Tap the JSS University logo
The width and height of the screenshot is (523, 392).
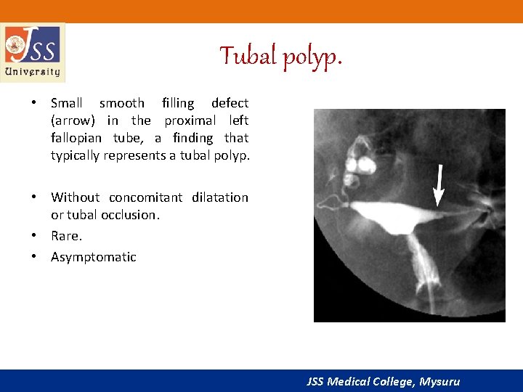tap(33, 52)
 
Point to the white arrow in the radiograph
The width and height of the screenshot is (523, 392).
tap(438, 185)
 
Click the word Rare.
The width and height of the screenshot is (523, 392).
tap(67, 236)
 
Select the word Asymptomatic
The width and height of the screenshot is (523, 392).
tap(94, 257)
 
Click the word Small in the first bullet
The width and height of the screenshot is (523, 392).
tap(67, 103)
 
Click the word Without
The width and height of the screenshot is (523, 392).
tap(75, 197)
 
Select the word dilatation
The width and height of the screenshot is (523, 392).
tap(220, 197)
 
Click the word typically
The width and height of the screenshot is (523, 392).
tap(76, 155)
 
